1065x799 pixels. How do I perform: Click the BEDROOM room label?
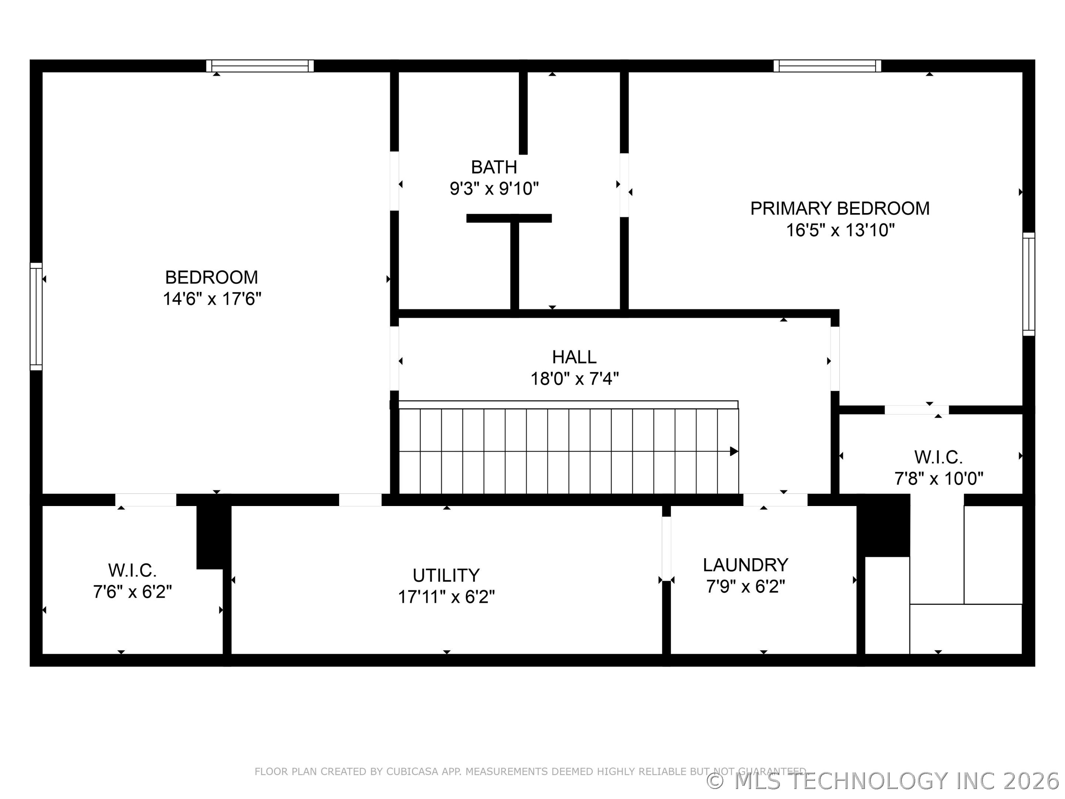tap(212, 277)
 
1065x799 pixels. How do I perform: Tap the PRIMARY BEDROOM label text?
tap(840, 209)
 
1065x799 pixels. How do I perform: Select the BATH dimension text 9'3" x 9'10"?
tap(494, 188)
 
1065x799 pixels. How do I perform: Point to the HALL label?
tap(574, 357)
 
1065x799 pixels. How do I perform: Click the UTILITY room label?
tap(446, 576)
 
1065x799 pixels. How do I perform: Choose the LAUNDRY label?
tap(745, 564)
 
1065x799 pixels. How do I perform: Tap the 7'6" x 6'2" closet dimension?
tap(132, 591)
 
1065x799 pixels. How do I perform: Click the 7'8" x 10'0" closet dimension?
tap(939, 479)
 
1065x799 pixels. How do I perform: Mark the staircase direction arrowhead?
tap(734, 451)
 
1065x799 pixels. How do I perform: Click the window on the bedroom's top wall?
tap(260, 66)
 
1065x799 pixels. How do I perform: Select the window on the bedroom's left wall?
tap(36, 316)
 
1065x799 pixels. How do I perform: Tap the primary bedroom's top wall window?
tap(827, 66)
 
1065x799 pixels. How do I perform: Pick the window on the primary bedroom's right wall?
tap(1028, 284)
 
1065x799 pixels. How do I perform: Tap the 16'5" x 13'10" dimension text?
tap(840, 230)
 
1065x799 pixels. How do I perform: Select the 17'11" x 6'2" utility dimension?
tap(446, 597)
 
